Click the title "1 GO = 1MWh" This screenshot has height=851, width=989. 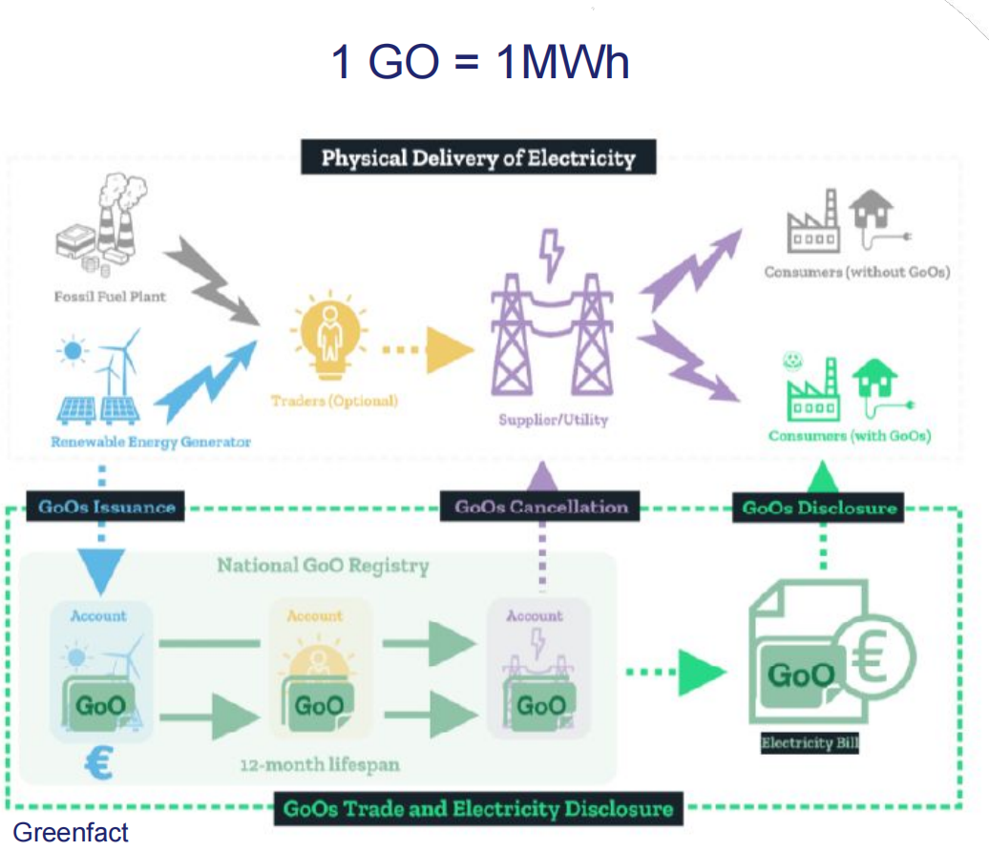pos(479,63)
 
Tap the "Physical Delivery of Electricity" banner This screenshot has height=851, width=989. pos(478,157)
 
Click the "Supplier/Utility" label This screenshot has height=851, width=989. pos(553,419)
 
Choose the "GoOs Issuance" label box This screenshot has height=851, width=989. pos(106,507)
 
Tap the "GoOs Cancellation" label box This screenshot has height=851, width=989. pos(541,507)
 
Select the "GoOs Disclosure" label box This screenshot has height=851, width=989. pos(820,508)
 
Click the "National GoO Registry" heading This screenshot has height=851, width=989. pos(323,565)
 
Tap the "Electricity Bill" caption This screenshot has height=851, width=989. pos(810,742)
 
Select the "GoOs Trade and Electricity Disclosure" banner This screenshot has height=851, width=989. pos(478,810)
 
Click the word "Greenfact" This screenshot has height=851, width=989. pos(70,833)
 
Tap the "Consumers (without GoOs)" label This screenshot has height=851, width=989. pos(857,272)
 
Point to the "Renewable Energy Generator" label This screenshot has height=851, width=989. pos(151,442)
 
